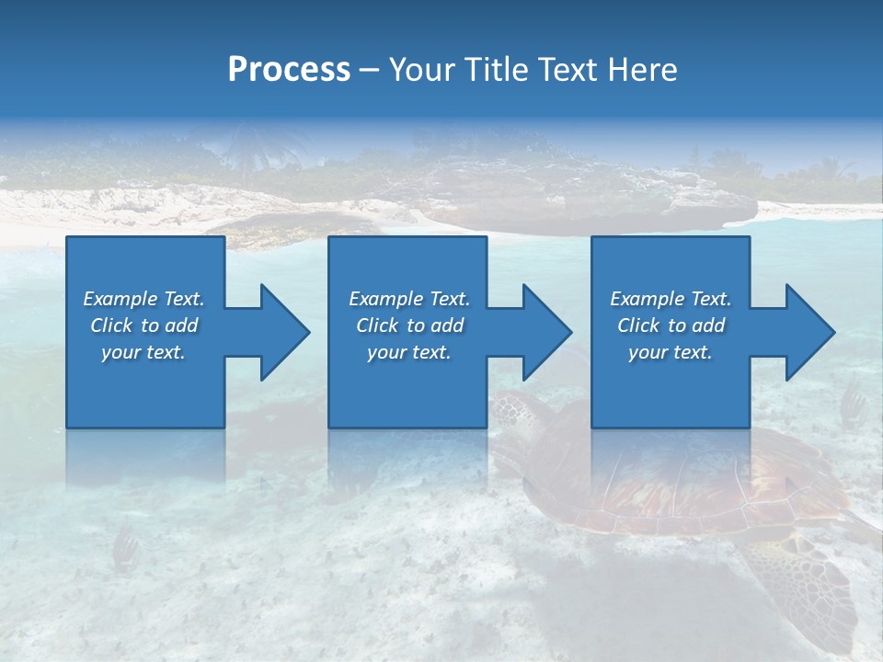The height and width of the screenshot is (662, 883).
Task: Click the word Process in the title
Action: coord(289,70)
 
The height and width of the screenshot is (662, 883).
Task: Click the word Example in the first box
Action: coord(120,299)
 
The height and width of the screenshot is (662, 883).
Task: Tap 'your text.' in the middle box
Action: coord(408,352)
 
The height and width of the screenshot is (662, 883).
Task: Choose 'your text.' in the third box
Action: coord(671,352)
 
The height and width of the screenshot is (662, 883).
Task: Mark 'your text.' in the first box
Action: coord(143,352)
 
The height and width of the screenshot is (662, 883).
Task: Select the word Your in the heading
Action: coord(420,70)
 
